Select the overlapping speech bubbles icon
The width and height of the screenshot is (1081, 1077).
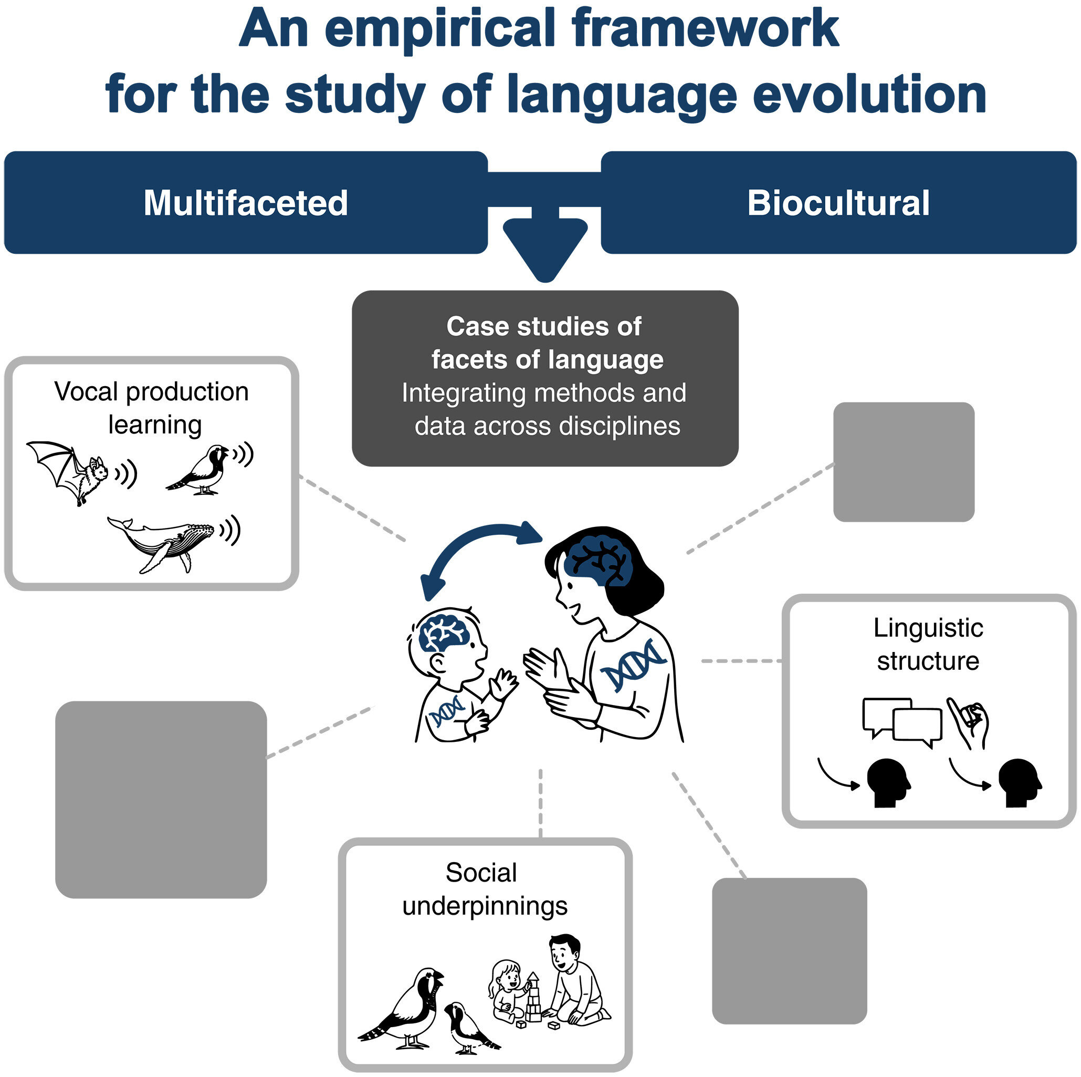[x=901, y=722]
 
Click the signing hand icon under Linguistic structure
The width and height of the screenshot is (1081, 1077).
[x=968, y=722]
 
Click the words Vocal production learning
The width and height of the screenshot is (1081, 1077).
[x=152, y=408]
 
